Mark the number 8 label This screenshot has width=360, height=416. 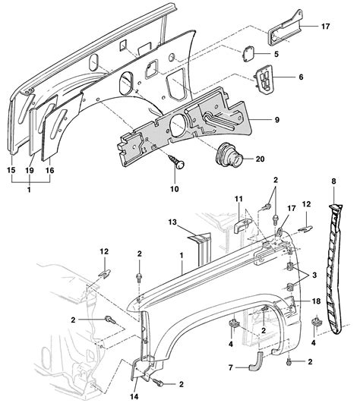tap(333, 181)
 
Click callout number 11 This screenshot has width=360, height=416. tap(238, 199)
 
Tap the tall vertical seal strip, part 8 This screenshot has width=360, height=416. tap(335, 266)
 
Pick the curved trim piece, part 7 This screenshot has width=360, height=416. tap(254, 362)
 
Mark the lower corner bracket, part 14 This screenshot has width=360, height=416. tap(140, 371)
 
